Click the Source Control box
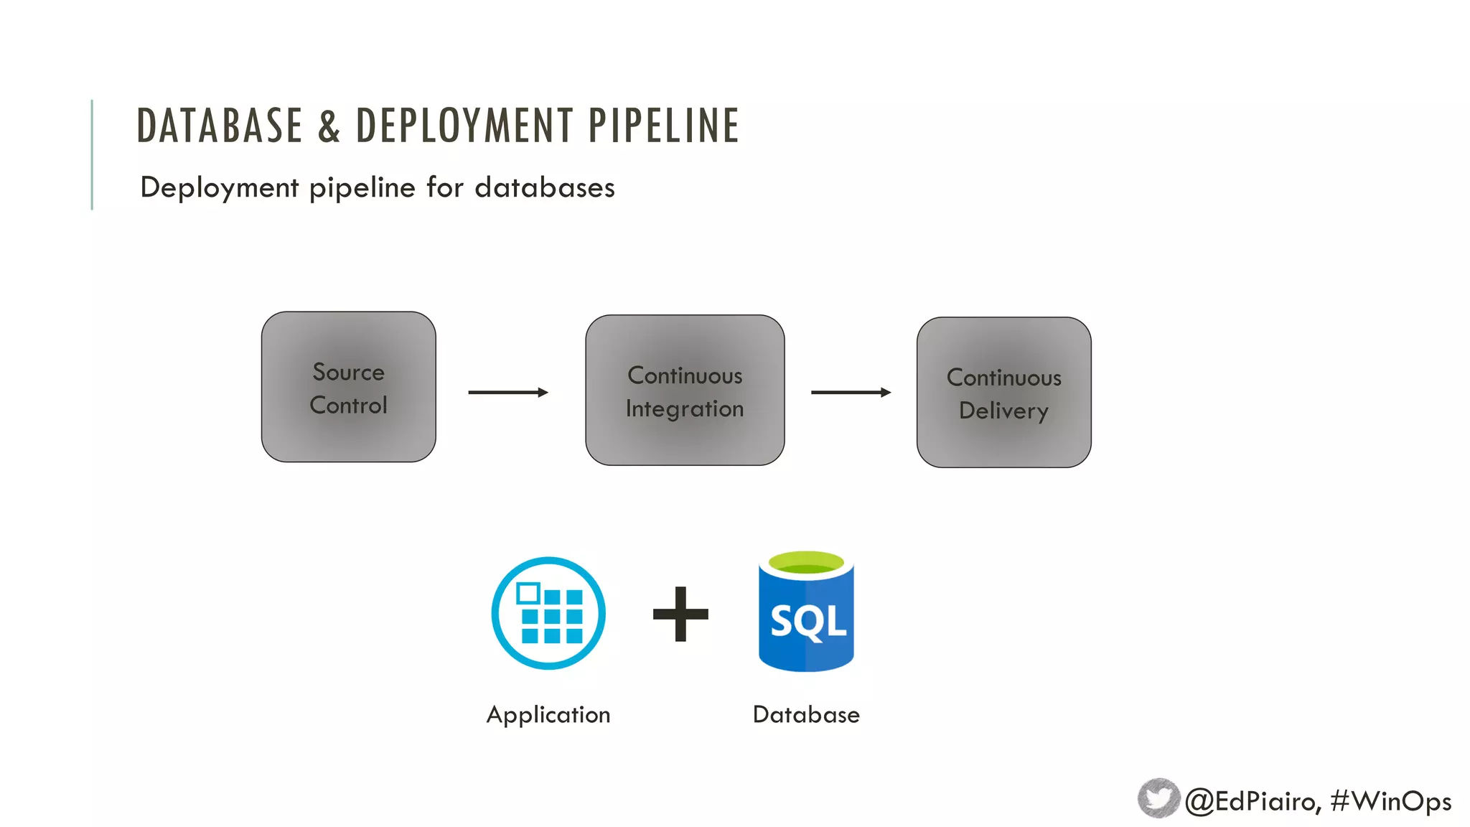348,387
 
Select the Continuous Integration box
685,391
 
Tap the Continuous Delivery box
1003,393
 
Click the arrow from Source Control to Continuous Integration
507,393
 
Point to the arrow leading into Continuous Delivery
851,393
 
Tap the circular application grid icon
548,613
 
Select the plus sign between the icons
680,614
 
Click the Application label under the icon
548,715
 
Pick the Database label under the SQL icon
806,715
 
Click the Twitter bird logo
1158,798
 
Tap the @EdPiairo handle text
1252,801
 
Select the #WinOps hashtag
1390,801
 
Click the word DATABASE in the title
220,126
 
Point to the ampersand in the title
329,126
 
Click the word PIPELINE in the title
663,126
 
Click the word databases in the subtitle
545,188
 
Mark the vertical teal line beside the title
92,154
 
